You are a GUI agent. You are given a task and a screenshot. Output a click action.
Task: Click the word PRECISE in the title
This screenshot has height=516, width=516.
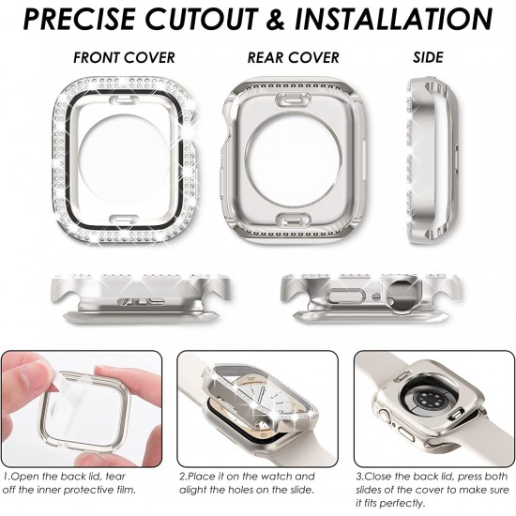click(80, 19)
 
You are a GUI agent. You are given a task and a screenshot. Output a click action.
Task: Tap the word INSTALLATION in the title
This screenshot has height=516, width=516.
click(394, 19)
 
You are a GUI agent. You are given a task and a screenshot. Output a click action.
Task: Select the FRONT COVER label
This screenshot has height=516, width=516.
click(124, 58)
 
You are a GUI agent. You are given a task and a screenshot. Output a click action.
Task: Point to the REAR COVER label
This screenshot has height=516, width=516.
click(294, 58)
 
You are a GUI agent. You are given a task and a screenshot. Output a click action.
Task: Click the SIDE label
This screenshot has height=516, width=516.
click(428, 57)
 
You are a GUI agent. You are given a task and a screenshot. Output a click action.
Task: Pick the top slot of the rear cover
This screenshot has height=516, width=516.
click(293, 99)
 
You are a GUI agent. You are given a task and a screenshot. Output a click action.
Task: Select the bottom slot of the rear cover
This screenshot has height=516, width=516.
click(293, 220)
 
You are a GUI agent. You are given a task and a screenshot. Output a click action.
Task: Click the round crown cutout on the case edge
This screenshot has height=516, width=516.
click(401, 292)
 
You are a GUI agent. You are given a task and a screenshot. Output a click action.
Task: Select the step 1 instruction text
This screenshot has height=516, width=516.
click(69, 483)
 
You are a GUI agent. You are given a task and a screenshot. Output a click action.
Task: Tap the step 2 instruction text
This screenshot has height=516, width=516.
click(247, 483)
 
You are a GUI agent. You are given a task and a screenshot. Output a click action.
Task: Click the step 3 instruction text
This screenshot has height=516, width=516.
click(432, 490)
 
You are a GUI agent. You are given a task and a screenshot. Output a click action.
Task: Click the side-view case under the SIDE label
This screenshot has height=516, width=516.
click(433, 161)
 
